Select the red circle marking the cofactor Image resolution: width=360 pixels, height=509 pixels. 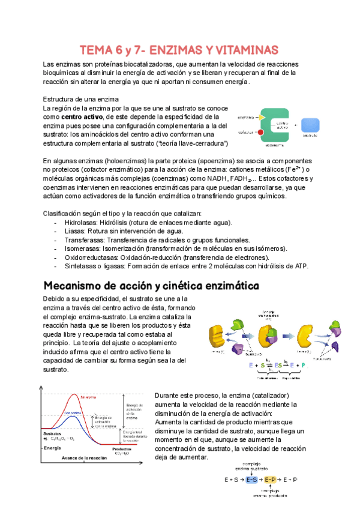pos(261,133)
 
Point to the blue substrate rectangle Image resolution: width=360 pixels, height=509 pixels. pos(311,125)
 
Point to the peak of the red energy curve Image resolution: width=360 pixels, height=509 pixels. pos(74,394)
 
